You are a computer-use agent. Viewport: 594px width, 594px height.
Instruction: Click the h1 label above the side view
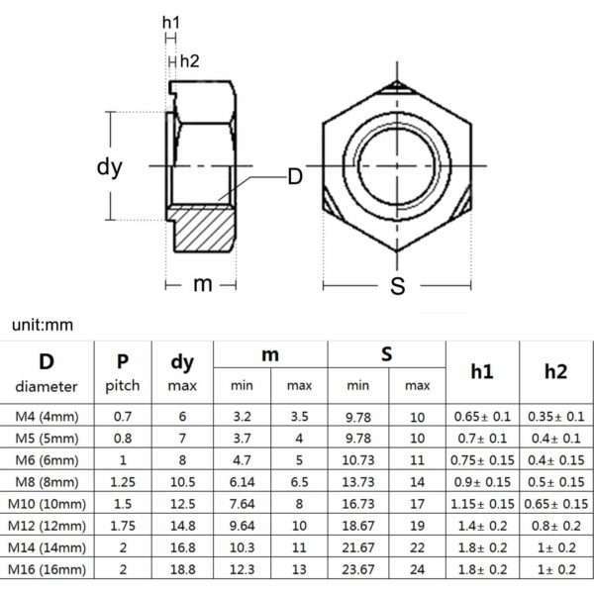click(x=171, y=22)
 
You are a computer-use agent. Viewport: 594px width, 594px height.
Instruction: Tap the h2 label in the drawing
click(x=189, y=61)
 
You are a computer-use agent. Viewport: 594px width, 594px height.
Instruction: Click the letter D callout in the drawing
click(x=294, y=177)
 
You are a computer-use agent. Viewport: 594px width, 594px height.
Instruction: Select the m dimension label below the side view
click(x=203, y=284)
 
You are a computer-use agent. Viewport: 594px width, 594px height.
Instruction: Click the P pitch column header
click(x=122, y=371)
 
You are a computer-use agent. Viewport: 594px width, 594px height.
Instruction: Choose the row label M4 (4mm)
click(x=49, y=417)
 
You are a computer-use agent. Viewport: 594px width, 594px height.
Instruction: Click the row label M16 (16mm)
click(x=49, y=569)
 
